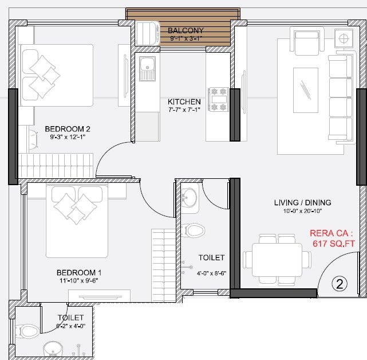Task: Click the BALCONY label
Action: [186, 30]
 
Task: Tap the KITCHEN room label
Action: [184, 101]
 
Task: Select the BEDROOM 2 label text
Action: [68, 129]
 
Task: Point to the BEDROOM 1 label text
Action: [79, 272]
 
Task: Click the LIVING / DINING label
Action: [302, 202]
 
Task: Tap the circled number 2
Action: [339, 283]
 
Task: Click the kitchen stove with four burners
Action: [219, 99]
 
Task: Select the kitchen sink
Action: [147, 69]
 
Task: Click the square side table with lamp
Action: [344, 39]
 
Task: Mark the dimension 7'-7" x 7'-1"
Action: [184, 110]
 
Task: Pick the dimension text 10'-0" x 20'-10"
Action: [302, 212]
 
